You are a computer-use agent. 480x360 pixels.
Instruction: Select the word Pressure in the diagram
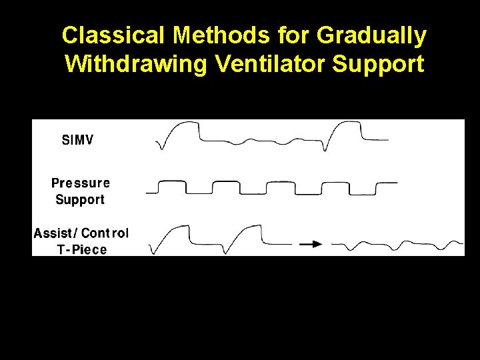81,183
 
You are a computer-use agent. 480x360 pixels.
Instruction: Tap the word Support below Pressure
80,199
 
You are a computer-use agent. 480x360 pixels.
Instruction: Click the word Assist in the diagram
55,233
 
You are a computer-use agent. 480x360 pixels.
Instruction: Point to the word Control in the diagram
105,233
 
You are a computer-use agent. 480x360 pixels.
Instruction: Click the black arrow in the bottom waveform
310,244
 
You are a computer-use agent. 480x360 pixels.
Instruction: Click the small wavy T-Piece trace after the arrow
397,245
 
